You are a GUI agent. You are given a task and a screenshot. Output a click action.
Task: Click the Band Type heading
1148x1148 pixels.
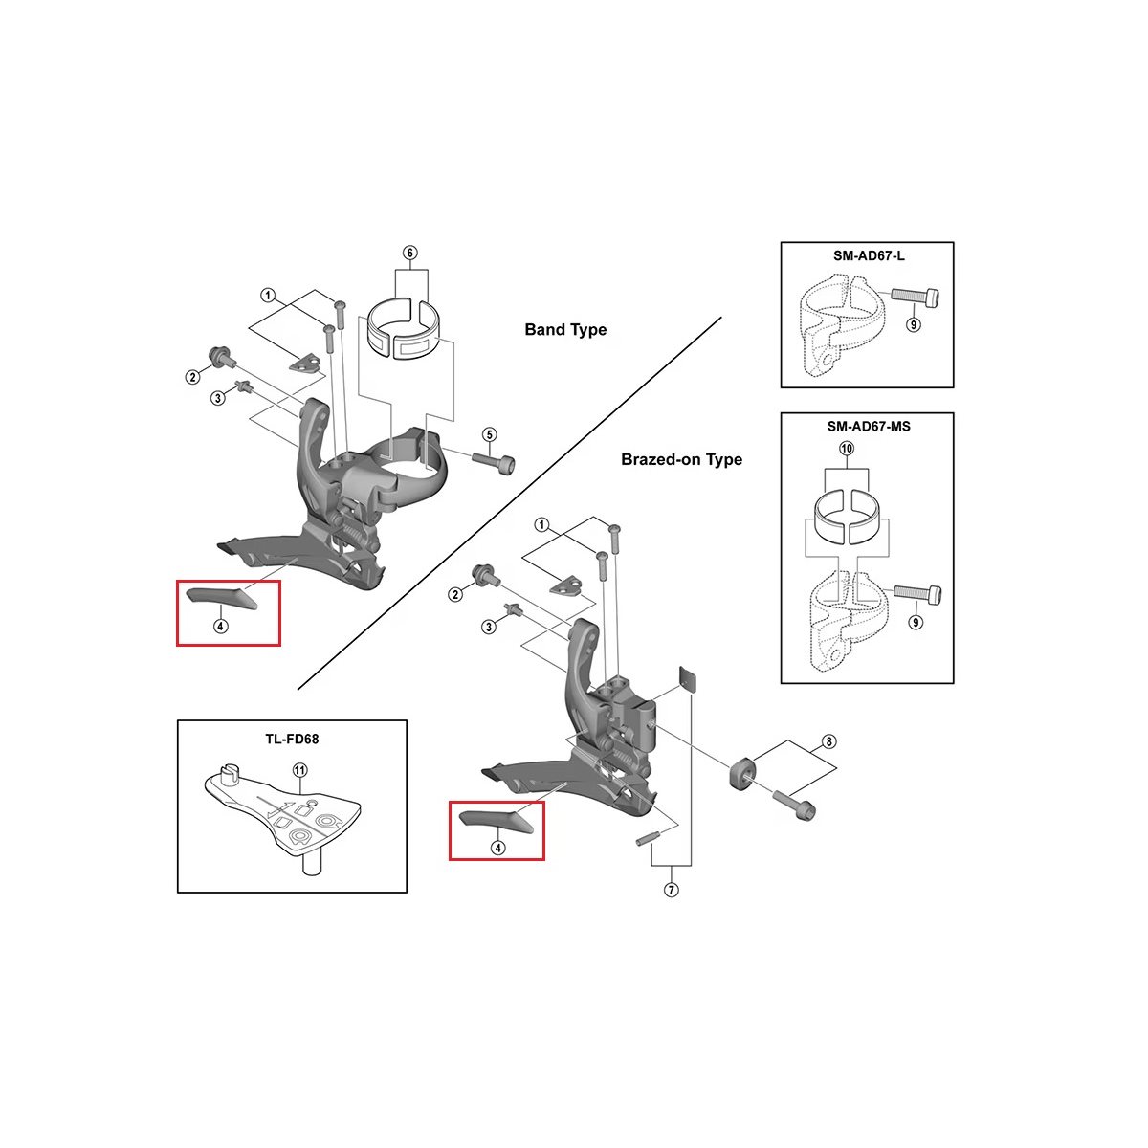[x=565, y=330]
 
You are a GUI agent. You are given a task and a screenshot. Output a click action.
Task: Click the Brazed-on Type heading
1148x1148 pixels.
[x=681, y=460]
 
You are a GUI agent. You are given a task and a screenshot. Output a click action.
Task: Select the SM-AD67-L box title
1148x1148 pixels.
[x=867, y=257]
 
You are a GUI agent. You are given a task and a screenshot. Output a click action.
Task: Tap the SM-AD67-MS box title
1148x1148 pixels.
[x=868, y=426]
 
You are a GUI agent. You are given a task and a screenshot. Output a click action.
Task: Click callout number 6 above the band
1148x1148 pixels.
[x=409, y=254]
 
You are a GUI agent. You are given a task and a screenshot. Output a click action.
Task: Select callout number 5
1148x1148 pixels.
[x=489, y=435]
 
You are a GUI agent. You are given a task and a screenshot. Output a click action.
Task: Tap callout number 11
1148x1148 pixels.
[x=299, y=770]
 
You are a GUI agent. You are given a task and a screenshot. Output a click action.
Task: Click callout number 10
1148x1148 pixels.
[x=847, y=449]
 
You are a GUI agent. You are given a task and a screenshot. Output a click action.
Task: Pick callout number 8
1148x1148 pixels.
[x=828, y=741]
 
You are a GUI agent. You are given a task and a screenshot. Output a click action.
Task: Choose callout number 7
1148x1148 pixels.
[x=671, y=891]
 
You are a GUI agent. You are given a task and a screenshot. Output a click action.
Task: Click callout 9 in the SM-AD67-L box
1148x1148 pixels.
[x=914, y=325]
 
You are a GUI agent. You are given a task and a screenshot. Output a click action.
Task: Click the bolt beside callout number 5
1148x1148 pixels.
[x=494, y=463]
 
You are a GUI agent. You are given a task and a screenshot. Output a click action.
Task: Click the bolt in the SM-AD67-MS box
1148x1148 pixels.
[x=917, y=593]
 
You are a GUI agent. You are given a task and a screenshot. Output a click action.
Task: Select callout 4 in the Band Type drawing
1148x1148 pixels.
[x=221, y=627]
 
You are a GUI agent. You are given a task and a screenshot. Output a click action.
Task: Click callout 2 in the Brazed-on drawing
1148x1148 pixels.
[x=455, y=595]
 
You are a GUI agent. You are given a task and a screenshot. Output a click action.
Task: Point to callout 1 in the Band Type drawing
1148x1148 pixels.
[x=269, y=296]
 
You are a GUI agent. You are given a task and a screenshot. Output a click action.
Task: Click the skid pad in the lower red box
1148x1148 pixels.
[x=497, y=820]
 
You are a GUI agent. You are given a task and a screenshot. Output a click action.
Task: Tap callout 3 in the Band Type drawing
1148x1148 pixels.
[x=218, y=398]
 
